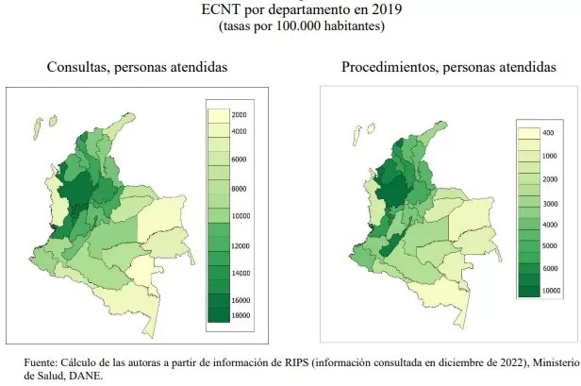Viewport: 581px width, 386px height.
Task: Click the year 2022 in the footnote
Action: point(461,361)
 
